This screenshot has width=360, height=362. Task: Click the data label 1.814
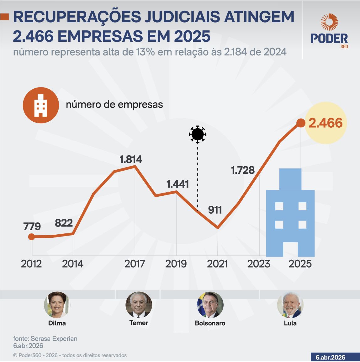point(131,159)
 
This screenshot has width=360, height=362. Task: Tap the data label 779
point(32,226)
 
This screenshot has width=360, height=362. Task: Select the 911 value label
point(215,210)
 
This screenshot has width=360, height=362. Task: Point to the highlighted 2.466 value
point(326,123)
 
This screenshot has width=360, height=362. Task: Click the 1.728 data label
point(243,170)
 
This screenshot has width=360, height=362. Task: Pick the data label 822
point(64,223)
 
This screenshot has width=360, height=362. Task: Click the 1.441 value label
point(177,184)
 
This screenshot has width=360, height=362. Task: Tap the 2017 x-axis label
point(135,264)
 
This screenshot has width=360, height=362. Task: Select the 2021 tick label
point(217,264)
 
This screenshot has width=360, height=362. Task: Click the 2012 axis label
point(31,264)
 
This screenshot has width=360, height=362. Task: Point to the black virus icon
point(198,134)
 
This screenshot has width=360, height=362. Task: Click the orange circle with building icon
point(41,105)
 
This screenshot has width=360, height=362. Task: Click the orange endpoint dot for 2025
point(300,123)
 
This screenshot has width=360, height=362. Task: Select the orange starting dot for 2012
point(31,237)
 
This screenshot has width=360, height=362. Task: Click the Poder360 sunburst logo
point(329,22)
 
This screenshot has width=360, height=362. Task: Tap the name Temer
point(139,323)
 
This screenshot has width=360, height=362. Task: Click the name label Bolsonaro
point(210,323)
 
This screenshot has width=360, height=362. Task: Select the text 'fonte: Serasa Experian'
point(45,339)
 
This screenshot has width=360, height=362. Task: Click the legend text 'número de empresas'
point(114,105)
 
